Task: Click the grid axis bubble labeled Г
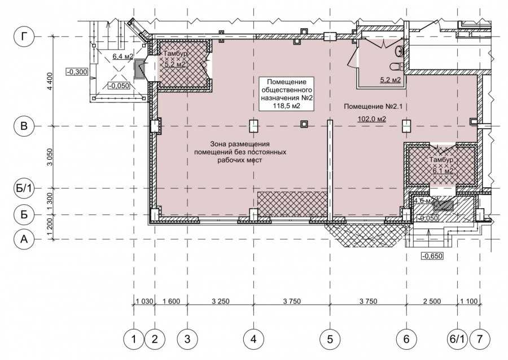point(24,37)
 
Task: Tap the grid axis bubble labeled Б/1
point(24,188)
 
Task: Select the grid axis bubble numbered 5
point(330,339)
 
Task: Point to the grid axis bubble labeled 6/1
point(457,339)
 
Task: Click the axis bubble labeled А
point(24,239)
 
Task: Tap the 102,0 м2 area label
point(371,119)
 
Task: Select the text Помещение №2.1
point(373,106)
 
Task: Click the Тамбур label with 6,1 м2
point(441,160)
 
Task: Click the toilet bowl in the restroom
point(397,67)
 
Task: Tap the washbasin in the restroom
point(399,51)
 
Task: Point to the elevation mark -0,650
point(432,256)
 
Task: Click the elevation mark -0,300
point(77,72)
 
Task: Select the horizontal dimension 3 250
point(220,301)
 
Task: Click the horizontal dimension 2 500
point(432,301)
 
